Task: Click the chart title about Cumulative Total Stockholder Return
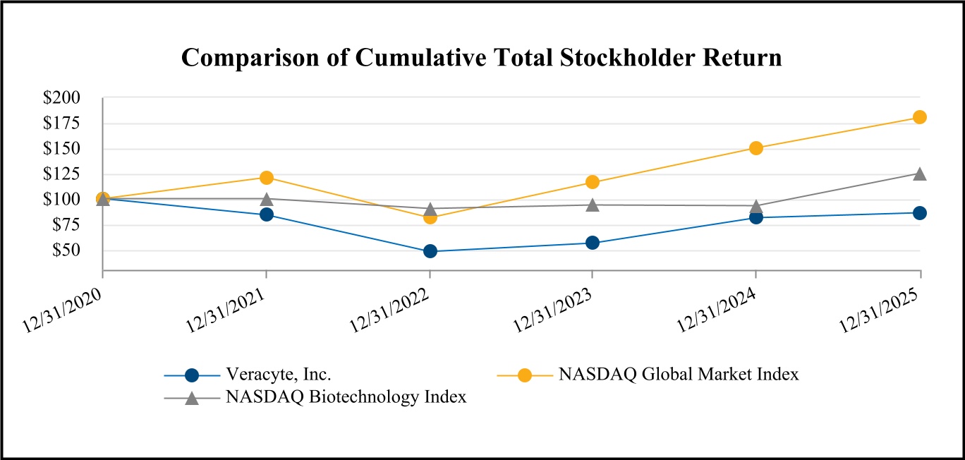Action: coord(482,58)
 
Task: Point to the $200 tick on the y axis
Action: coord(62,98)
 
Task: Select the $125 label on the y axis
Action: coord(62,174)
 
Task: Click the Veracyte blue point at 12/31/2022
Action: coord(430,251)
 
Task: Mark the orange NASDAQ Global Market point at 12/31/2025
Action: coord(919,117)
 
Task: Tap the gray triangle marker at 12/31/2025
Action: coord(919,174)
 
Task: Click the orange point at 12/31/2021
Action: coord(266,177)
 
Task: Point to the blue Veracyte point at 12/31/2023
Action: coord(593,243)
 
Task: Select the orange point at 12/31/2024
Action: coord(755,148)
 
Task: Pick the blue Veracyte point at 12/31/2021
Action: coord(266,214)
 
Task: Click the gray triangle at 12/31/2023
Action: coord(593,205)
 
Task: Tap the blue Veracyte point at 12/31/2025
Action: coord(919,213)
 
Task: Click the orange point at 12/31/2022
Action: coord(430,217)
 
